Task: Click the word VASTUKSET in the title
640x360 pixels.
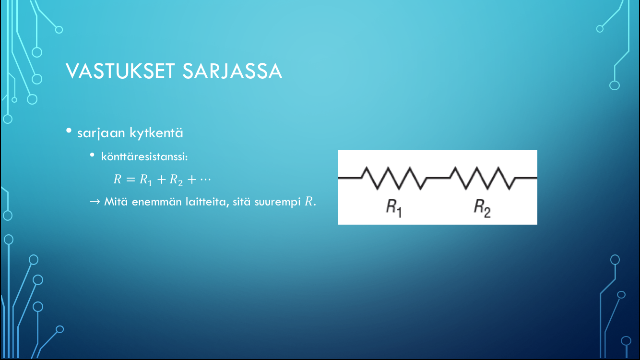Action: click(x=120, y=71)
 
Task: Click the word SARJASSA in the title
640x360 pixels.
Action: click(x=232, y=71)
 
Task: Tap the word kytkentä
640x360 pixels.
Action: click(x=156, y=132)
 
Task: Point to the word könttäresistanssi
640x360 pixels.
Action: click(x=144, y=156)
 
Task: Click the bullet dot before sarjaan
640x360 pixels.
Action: click(x=69, y=131)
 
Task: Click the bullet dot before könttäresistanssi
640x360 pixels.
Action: click(x=92, y=155)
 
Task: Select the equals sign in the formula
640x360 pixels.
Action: click(x=130, y=180)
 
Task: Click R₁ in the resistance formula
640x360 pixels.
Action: click(x=146, y=180)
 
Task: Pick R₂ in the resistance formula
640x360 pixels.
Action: click(x=176, y=180)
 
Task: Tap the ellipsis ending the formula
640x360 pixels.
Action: click(x=205, y=180)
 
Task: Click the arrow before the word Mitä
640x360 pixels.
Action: click(x=95, y=202)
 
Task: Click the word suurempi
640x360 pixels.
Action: click(x=277, y=203)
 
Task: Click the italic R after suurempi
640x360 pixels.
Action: click(x=308, y=202)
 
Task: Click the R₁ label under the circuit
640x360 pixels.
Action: click(x=394, y=208)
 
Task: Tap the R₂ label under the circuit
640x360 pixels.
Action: click(x=482, y=208)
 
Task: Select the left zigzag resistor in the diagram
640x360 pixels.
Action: click(x=394, y=178)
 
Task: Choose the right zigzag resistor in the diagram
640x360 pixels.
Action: click(x=482, y=178)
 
